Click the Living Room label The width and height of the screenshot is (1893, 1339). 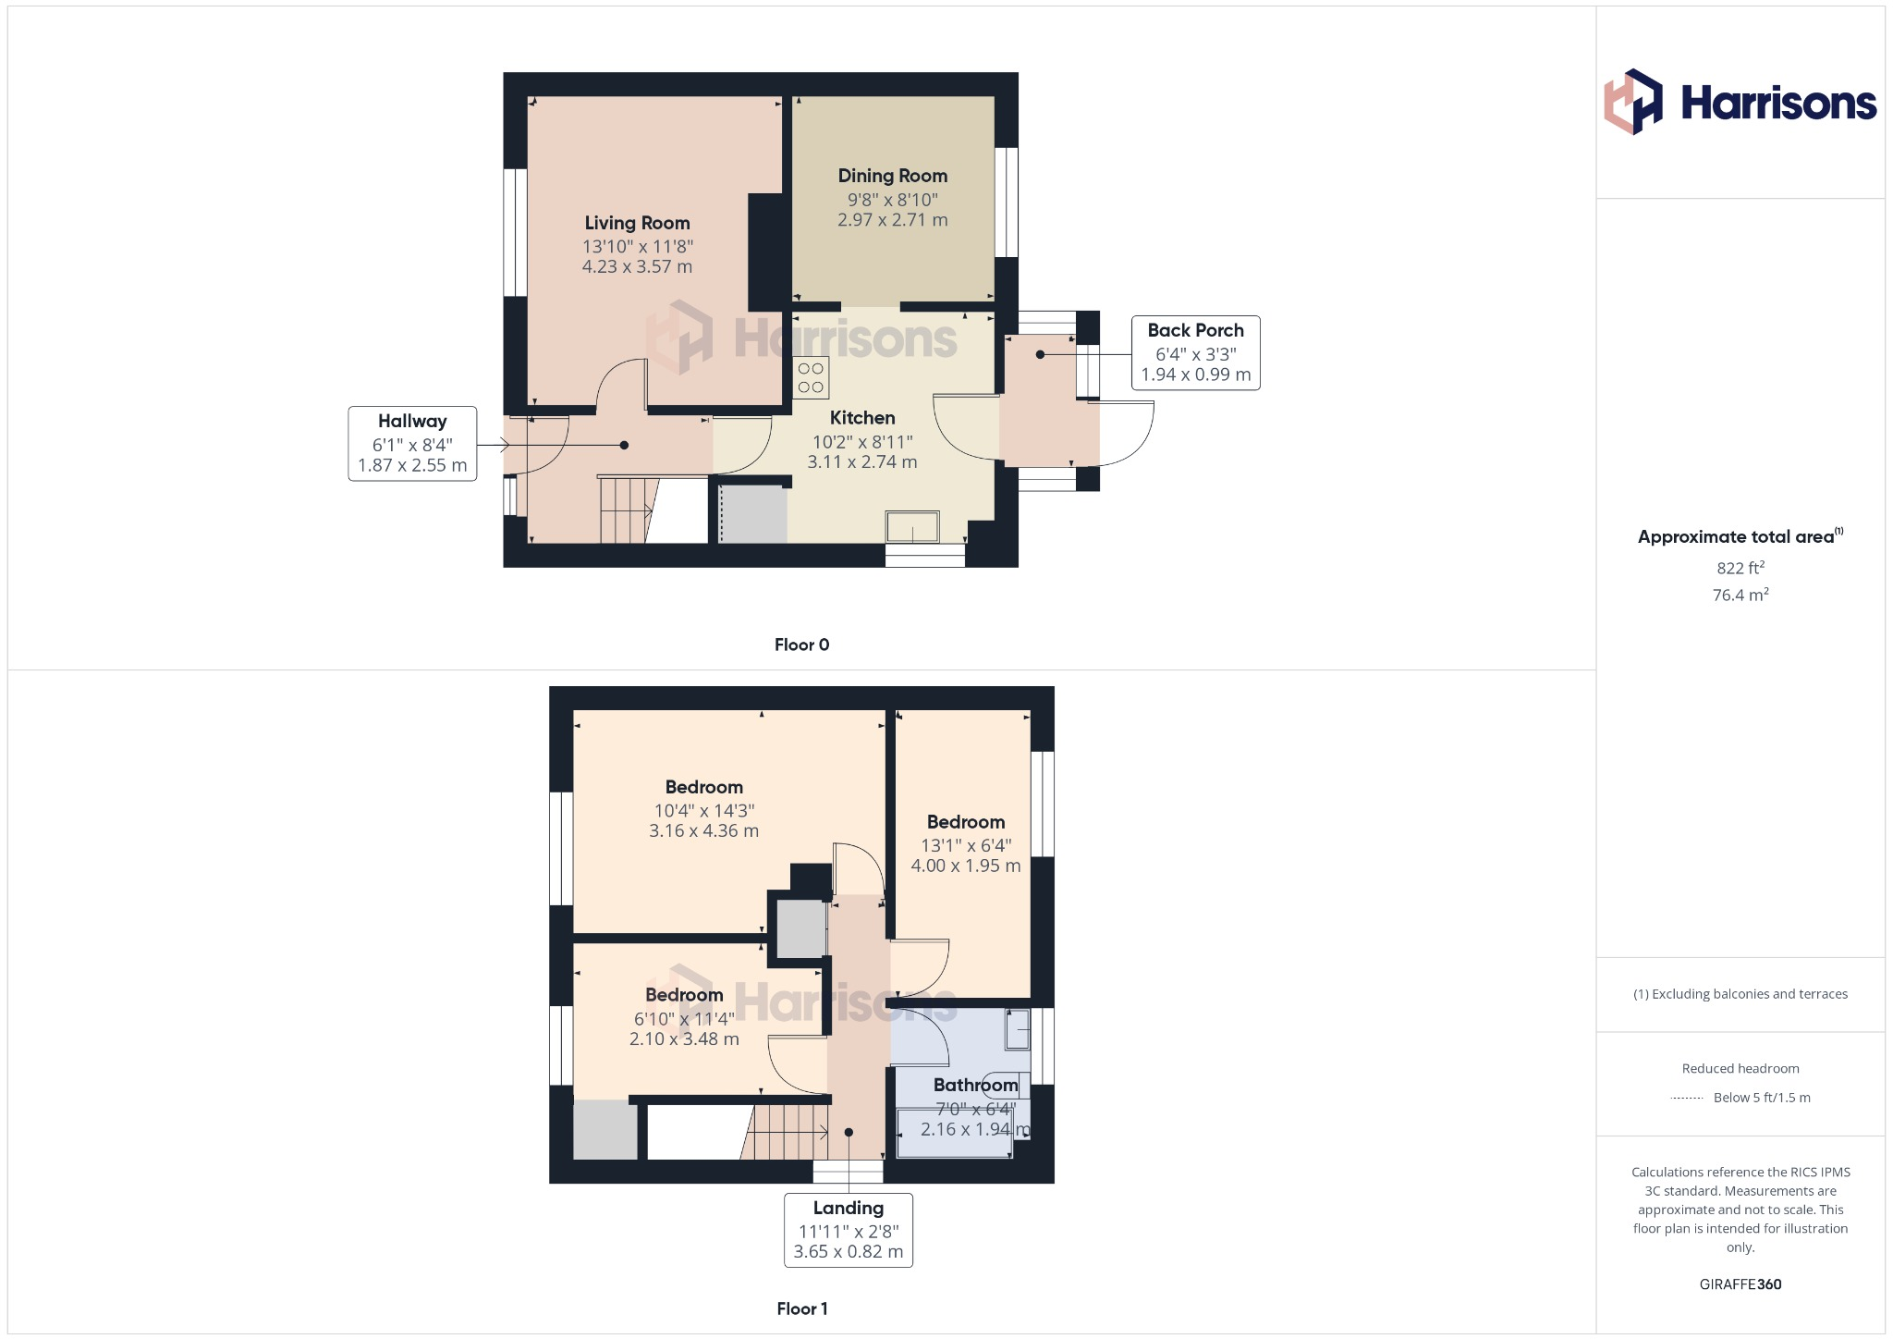[x=637, y=223]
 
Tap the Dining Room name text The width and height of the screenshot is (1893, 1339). [x=892, y=176]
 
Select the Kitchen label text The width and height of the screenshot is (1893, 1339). [x=861, y=418]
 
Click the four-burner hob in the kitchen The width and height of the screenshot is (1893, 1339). [x=811, y=377]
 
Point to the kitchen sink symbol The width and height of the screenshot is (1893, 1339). [x=912, y=527]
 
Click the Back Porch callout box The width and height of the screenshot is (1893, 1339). [x=1195, y=352]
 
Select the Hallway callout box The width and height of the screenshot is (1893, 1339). [x=412, y=443]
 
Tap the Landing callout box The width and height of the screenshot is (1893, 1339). [x=848, y=1229]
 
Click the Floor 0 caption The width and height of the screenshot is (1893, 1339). [x=801, y=645]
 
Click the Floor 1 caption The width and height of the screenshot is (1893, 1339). [x=801, y=1308]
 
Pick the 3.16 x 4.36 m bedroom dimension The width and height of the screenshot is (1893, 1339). [x=703, y=830]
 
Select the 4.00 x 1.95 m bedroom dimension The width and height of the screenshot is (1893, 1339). [x=965, y=866]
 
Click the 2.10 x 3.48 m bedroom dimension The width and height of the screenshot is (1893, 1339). [x=684, y=1038]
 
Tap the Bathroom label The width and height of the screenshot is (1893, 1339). [x=975, y=1085]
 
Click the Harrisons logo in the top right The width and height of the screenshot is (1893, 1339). [x=1740, y=102]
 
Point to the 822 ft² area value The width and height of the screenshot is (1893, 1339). [x=1740, y=569]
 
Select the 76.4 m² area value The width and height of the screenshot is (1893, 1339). [x=1740, y=595]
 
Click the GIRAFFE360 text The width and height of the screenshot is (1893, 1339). [x=1740, y=1284]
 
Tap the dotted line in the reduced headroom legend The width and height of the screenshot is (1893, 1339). [x=1687, y=1099]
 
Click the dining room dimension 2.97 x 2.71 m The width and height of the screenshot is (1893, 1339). [x=892, y=220]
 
